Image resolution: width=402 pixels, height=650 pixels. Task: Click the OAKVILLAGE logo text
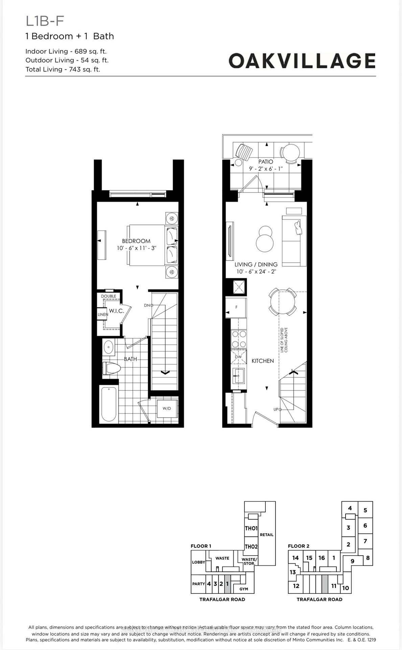pos(302,61)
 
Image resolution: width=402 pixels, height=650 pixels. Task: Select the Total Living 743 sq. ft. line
pos(63,69)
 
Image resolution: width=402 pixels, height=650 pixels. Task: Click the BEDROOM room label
pos(136,241)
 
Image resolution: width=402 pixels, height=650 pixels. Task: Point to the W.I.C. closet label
pos(116,311)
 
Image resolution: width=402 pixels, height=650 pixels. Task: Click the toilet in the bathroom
pos(111,368)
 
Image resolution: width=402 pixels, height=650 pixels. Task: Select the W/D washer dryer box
pos(167,408)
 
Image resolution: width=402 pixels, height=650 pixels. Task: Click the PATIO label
pos(266,162)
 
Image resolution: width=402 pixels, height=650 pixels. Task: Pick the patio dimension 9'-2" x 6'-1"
pos(266,169)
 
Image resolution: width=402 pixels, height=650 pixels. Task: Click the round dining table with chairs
pos(283,302)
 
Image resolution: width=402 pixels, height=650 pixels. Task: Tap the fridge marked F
pos(236,307)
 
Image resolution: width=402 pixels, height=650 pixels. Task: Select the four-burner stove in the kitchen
pos(239,340)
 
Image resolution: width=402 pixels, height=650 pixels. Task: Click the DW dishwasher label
pos(238,357)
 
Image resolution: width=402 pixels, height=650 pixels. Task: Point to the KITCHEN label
pos(263,361)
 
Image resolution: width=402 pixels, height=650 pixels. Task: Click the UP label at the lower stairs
pos(276,409)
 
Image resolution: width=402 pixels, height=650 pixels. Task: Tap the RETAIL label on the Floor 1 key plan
pos(266,535)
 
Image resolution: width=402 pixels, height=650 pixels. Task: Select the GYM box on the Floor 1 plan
pos(244,589)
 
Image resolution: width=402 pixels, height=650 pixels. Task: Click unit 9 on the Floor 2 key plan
pos(352,561)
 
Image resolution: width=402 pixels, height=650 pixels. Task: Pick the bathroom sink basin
pos(109,347)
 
